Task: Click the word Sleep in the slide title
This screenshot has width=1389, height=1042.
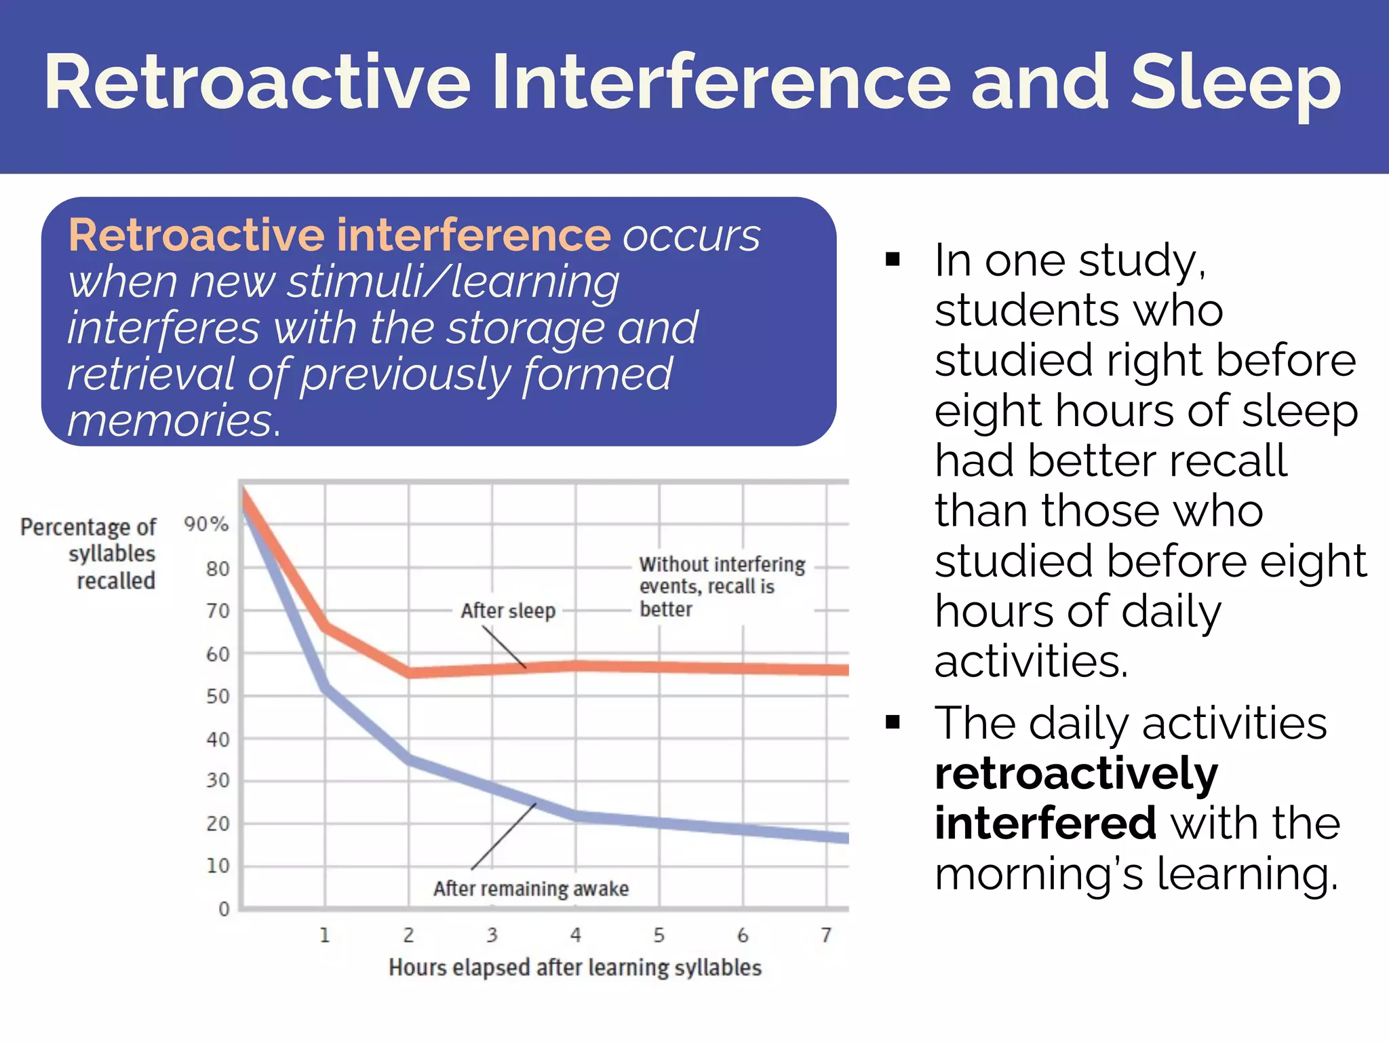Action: click(x=1236, y=83)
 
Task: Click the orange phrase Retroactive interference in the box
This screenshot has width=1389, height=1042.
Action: click(x=339, y=235)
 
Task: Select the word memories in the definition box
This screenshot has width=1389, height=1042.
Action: click(x=173, y=420)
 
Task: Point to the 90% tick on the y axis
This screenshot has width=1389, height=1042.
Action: click(x=206, y=524)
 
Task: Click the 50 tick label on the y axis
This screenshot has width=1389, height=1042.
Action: click(x=218, y=697)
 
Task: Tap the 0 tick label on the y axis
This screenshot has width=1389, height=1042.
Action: click(x=224, y=909)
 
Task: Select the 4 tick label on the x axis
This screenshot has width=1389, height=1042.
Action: click(x=576, y=935)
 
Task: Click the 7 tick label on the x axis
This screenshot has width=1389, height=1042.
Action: click(x=825, y=935)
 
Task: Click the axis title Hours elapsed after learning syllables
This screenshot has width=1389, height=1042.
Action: click(x=575, y=967)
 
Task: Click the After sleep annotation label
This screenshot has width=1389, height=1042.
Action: click(x=508, y=611)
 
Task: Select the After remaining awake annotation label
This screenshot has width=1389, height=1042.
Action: click(x=531, y=889)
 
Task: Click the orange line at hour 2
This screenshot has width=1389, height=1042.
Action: click(x=409, y=672)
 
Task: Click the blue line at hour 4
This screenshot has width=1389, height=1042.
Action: click(x=576, y=816)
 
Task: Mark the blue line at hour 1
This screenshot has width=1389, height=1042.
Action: click(x=326, y=689)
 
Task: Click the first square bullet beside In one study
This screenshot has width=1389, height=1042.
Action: click(x=893, y=259)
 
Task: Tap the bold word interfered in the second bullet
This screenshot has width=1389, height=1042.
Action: click(x=1045, y=823)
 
